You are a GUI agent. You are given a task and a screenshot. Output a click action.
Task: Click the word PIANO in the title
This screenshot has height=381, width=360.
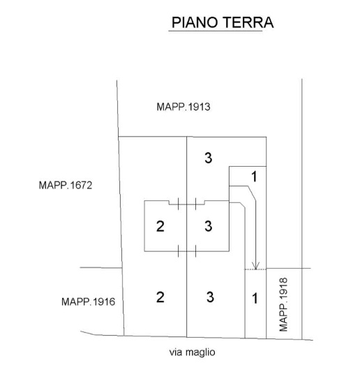(195, 22)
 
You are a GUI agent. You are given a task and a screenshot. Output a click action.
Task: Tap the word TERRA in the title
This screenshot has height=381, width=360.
(248, 22)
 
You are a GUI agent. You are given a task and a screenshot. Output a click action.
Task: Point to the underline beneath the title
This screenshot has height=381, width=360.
(216, 31)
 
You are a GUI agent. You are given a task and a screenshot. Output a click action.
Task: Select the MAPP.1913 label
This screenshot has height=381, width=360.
(183, 107)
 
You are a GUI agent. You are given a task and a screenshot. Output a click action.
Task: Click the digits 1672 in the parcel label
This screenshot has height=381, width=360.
(82, 186)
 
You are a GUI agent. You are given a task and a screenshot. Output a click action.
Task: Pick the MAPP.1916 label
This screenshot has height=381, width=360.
(88, 301)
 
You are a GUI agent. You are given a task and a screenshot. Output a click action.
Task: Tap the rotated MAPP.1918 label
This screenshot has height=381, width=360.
(283, 305)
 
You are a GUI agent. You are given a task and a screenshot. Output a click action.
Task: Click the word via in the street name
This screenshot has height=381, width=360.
(176, 352)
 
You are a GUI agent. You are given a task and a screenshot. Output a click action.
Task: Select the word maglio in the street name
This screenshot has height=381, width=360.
(200, 352)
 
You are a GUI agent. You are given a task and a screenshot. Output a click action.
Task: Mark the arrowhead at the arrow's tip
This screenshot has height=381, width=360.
(255, 266)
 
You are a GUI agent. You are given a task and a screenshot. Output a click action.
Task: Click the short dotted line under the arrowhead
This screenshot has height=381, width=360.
(255, 269)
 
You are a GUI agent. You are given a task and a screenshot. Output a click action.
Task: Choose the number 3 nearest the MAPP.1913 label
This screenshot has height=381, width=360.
(208, 158)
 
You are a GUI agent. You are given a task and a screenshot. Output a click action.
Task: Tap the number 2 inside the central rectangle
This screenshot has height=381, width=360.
(160, 226)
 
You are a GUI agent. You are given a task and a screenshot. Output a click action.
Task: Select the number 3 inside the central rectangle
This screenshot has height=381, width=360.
(208, 226)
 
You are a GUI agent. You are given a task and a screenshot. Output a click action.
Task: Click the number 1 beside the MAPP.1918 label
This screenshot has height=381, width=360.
(255, 298)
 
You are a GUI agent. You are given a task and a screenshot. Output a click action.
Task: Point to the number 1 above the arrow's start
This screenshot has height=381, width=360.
(254, 177)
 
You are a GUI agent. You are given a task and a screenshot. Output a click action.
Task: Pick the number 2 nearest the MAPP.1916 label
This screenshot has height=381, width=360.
(160, 297)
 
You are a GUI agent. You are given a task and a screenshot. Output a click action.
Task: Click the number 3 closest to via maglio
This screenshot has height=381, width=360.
(210, 297)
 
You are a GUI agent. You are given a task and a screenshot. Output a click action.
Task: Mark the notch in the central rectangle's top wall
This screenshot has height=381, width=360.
(186, 203)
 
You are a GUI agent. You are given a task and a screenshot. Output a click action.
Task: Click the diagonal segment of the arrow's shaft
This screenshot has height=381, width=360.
(252, 194)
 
